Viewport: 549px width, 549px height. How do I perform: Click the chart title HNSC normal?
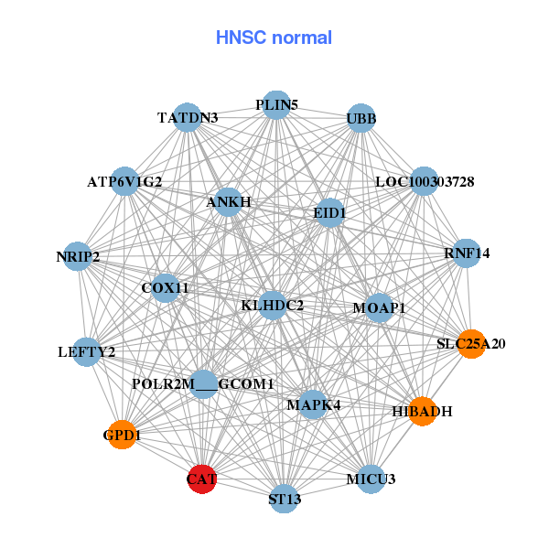[274, 38]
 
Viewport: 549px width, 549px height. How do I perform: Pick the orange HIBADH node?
[422, 411]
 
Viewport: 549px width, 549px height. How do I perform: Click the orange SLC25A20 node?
[470, 344]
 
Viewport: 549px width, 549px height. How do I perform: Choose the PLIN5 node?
[276, 105]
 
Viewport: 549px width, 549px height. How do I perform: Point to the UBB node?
[361, 119]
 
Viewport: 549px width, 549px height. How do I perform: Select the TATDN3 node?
[188, 118]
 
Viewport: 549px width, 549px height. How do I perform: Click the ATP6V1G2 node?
[125, 181]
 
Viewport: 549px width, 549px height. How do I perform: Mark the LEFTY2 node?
[86, 351]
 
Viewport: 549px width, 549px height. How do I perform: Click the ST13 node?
[285, 499]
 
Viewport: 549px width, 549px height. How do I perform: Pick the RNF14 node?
[467, 253]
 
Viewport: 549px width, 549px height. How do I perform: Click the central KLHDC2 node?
[273, 305]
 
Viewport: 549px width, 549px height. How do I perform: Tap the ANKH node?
[229, 201]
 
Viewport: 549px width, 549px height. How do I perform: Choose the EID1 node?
[329, 213]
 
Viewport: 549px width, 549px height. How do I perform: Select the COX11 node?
[166, 287]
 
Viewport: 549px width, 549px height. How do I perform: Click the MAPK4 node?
[313, 404]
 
